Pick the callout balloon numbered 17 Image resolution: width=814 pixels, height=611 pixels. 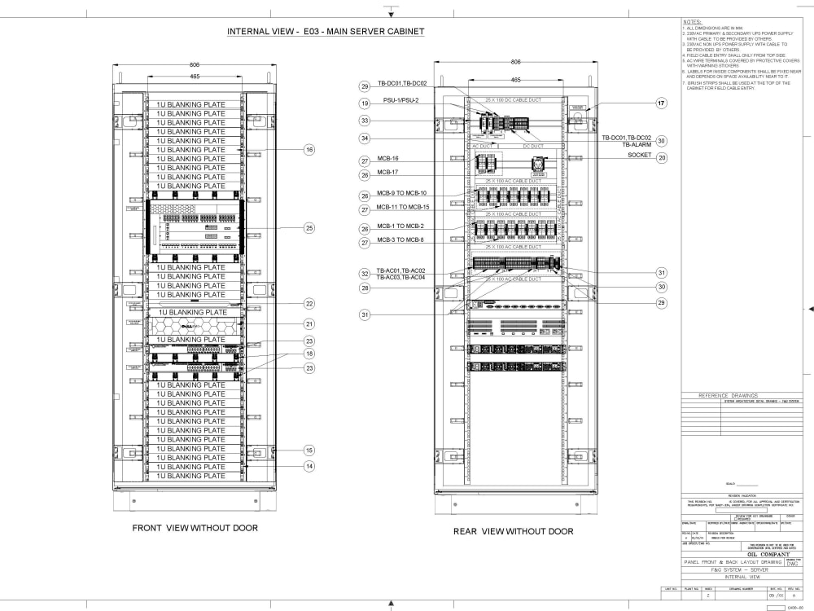click(x=662, y=103)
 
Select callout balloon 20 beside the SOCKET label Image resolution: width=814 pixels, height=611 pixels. click(x=662, y=157)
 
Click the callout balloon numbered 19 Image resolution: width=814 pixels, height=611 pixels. click(x=365, y=103)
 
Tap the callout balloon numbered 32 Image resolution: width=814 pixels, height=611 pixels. click(x=365, y=274)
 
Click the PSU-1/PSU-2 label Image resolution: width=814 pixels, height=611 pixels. click(x=402, y=100)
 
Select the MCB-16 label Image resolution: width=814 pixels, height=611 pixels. click(x=388, y=158)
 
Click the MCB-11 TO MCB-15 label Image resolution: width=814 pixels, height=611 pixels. click(x=405, y=208)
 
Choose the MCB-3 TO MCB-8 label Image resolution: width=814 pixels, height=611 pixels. click(x=400, y=240)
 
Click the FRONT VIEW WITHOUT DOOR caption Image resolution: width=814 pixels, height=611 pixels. click(x=195, y=528)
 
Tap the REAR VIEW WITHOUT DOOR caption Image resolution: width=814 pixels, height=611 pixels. click(x=513, y=531)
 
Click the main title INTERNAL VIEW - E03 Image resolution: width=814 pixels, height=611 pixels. click(x=326, y=32)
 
